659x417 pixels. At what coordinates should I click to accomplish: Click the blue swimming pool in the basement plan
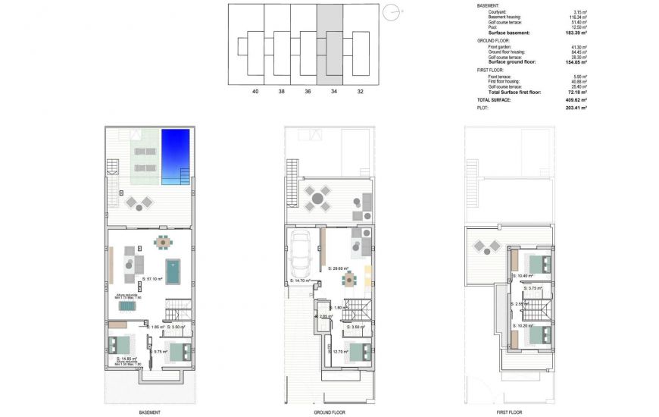click(175, 155)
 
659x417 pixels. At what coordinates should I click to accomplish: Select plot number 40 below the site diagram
click(255, 91)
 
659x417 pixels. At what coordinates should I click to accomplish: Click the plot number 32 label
click(360, 91)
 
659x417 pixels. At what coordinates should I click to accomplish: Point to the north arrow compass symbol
click(390, 11)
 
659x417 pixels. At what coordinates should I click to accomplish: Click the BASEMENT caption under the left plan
click(149, 412)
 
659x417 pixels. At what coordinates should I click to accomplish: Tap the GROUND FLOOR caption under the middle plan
click(329, 412)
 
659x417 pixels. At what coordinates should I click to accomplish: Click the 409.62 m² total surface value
click(577, 99)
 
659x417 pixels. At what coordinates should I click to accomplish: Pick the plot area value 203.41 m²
click(577, 108)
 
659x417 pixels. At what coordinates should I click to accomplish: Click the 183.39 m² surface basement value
click(577, 33)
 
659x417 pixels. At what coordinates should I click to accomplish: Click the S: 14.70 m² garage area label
click(301, 281)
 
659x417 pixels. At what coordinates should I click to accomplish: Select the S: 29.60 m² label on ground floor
click(339, 268)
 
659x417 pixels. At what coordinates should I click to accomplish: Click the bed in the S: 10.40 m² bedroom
click(539, 265)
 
